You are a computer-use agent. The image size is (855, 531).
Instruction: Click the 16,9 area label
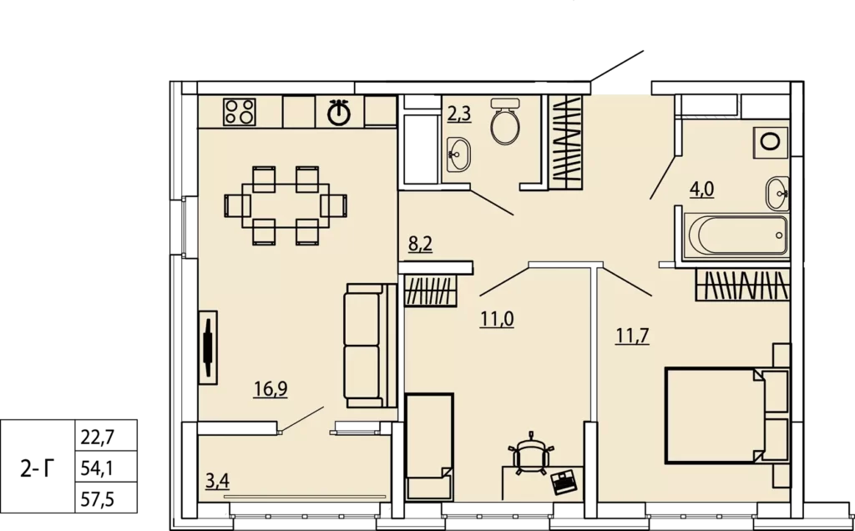[271, 389]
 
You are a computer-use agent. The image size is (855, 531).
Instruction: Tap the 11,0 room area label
[497, 319]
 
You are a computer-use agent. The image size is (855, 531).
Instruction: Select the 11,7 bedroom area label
[633, 336]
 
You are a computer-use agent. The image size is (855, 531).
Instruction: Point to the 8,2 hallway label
[421, 244]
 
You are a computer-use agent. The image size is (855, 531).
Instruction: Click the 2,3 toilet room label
[459, 114]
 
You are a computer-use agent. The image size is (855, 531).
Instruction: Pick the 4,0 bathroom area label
[701, 190]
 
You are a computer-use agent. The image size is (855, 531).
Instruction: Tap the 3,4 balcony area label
[217, 481]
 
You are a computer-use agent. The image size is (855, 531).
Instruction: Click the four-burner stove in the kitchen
[240, 112]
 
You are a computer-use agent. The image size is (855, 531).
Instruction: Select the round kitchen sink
[339, 113]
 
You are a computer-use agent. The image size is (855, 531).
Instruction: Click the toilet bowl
[505, 122]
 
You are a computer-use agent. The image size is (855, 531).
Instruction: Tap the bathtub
[736, 235]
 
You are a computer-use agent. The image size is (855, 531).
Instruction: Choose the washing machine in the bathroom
[771, 142]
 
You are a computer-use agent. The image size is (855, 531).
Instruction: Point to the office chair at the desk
[530, 453]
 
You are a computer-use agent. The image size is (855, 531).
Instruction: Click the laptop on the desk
[564, 482]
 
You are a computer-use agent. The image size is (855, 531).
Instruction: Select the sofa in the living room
[370, 345]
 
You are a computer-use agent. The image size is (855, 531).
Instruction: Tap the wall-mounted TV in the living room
[208, 347]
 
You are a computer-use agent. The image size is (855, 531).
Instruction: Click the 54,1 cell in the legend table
[97, 468]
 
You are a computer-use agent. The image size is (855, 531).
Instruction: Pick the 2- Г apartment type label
[38, 468]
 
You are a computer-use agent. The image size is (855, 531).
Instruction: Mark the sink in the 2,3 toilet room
[458, 154]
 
